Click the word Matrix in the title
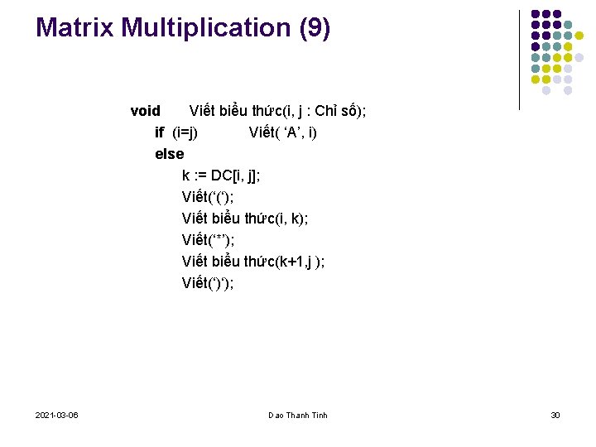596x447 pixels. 75,27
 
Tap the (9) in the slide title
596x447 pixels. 313,27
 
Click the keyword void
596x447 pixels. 145,111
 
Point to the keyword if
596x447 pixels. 160,132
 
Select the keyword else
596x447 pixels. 169,154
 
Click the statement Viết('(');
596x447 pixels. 208,197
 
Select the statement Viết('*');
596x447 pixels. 209,240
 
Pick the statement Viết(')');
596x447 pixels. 208,283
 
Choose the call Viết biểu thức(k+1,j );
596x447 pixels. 253,262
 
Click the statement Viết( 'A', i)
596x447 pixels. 282,132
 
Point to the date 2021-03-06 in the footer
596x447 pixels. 57,415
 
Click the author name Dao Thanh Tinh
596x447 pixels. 298,415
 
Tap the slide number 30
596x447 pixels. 555,415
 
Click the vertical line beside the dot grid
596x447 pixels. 519,60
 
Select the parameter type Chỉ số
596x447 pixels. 337,111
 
